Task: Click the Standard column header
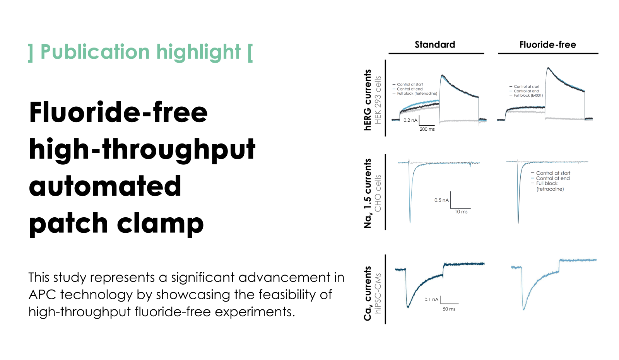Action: (x=435, y=45)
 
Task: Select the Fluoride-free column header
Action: (x=548, y=45)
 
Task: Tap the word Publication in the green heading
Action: (x=95, y=52)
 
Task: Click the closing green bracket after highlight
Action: (x=250, y=53)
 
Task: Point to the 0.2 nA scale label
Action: (x=410, y=120)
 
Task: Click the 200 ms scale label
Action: (x=427, y=129)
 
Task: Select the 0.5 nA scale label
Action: (x=441, y=200)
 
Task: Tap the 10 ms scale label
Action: (x=461, y=212)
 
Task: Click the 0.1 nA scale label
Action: (x=431, y=300)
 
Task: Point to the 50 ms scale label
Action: (x=449, y=309)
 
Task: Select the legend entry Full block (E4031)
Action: (x=528, y=96)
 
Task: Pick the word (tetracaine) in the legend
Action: (x=550, y=189)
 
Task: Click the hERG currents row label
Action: (x=367, y=100)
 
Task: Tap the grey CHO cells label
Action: (x=378, y=193)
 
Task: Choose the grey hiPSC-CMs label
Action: (x=378, y=293)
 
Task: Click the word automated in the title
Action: (x=105, y=186)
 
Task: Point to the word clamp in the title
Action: (x=160, y=223)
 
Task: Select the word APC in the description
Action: (x=42, y=295)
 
